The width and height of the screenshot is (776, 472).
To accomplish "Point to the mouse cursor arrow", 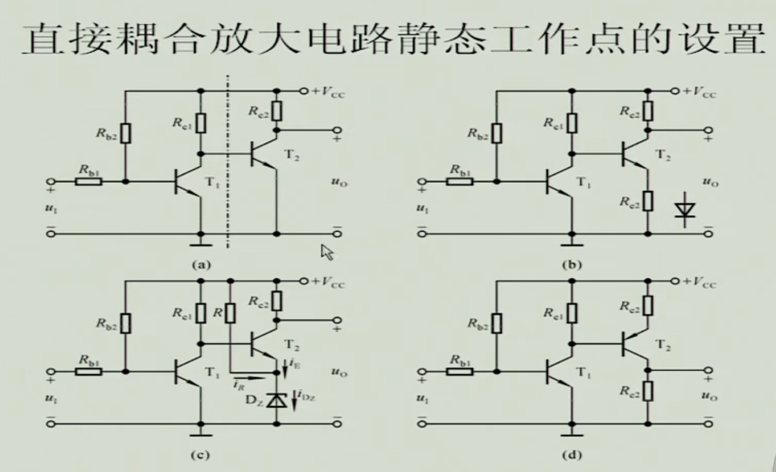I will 327,252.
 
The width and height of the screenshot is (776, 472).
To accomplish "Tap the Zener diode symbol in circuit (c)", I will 278,401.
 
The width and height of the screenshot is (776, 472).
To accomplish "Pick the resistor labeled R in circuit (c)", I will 231,313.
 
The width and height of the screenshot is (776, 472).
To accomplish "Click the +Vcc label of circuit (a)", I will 329,92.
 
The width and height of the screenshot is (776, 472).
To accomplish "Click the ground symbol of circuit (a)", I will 201,241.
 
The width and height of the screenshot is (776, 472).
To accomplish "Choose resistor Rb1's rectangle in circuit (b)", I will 459,181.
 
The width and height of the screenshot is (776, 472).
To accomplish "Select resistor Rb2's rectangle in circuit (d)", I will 497,323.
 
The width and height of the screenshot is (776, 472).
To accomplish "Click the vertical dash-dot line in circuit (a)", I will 227,165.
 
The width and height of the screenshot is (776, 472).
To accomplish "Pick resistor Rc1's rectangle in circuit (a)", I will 201,123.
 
